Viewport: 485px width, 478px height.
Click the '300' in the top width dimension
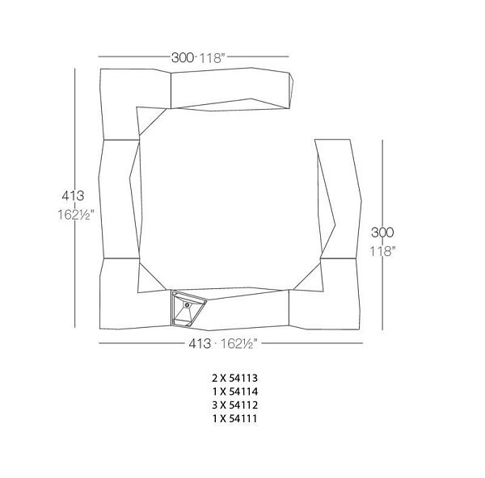183,57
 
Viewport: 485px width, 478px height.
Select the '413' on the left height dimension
73,195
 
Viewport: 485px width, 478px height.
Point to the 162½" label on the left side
75,215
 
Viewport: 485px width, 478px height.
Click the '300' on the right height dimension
382,233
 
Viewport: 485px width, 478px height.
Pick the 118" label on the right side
383,251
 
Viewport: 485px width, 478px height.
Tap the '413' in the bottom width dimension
200,344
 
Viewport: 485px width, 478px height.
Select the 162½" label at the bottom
238,344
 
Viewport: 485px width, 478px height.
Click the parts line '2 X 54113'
234,378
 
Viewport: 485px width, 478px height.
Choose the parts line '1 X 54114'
234,392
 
